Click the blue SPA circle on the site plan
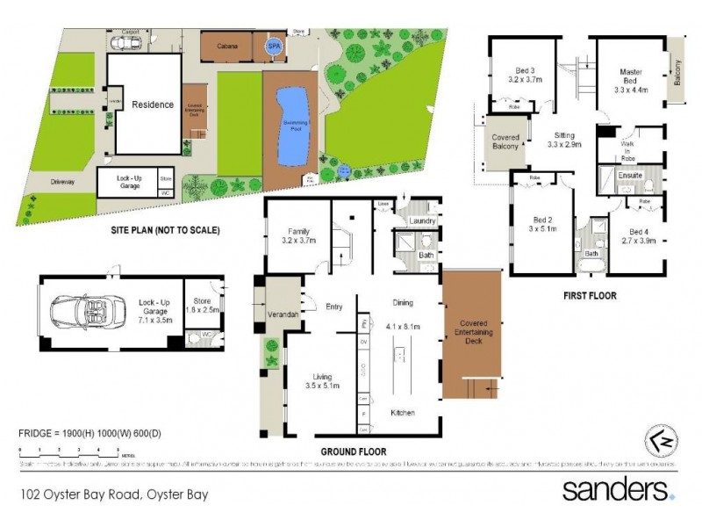(x=275, y=47)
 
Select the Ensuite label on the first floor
(x=630, y=175)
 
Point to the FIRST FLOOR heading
(x=590, y=296)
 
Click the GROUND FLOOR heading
(x=353, y=452)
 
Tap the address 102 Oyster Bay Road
(x=114, y=495)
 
